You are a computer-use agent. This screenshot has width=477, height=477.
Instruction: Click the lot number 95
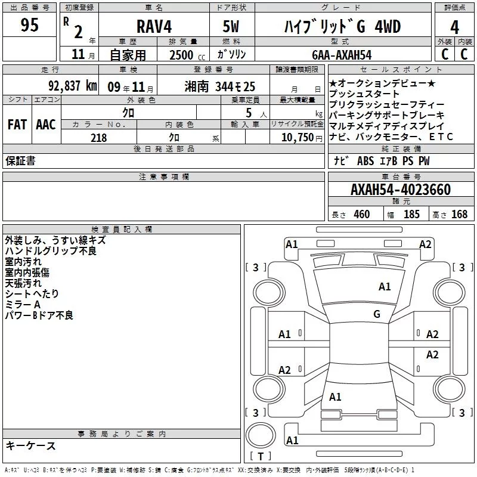tap(29, 26)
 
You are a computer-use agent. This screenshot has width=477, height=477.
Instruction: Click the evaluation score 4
tap(454, 27)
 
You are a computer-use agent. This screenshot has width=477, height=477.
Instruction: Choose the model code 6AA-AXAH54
tap(341, 55)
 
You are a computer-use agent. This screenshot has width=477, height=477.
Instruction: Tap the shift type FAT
tap(17, 125)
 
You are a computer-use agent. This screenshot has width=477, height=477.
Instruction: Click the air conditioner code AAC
tap(45, 125)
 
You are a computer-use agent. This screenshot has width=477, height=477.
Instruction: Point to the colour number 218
tap(98, 138)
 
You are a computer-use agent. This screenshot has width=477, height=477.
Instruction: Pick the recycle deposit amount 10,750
tap(296, 138)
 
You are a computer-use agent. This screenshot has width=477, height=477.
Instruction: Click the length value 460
tap(361, 215)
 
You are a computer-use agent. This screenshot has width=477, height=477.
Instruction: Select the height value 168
tap(459, 215)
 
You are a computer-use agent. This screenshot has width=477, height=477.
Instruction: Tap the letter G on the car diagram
tap(376, 314)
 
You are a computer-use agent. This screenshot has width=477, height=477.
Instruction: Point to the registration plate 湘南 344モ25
tap(220, 86)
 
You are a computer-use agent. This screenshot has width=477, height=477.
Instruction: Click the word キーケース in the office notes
tap(30, 446)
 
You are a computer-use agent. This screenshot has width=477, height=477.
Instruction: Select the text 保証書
tap(20, 161)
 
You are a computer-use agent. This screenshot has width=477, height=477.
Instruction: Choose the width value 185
tap(411, 215)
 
